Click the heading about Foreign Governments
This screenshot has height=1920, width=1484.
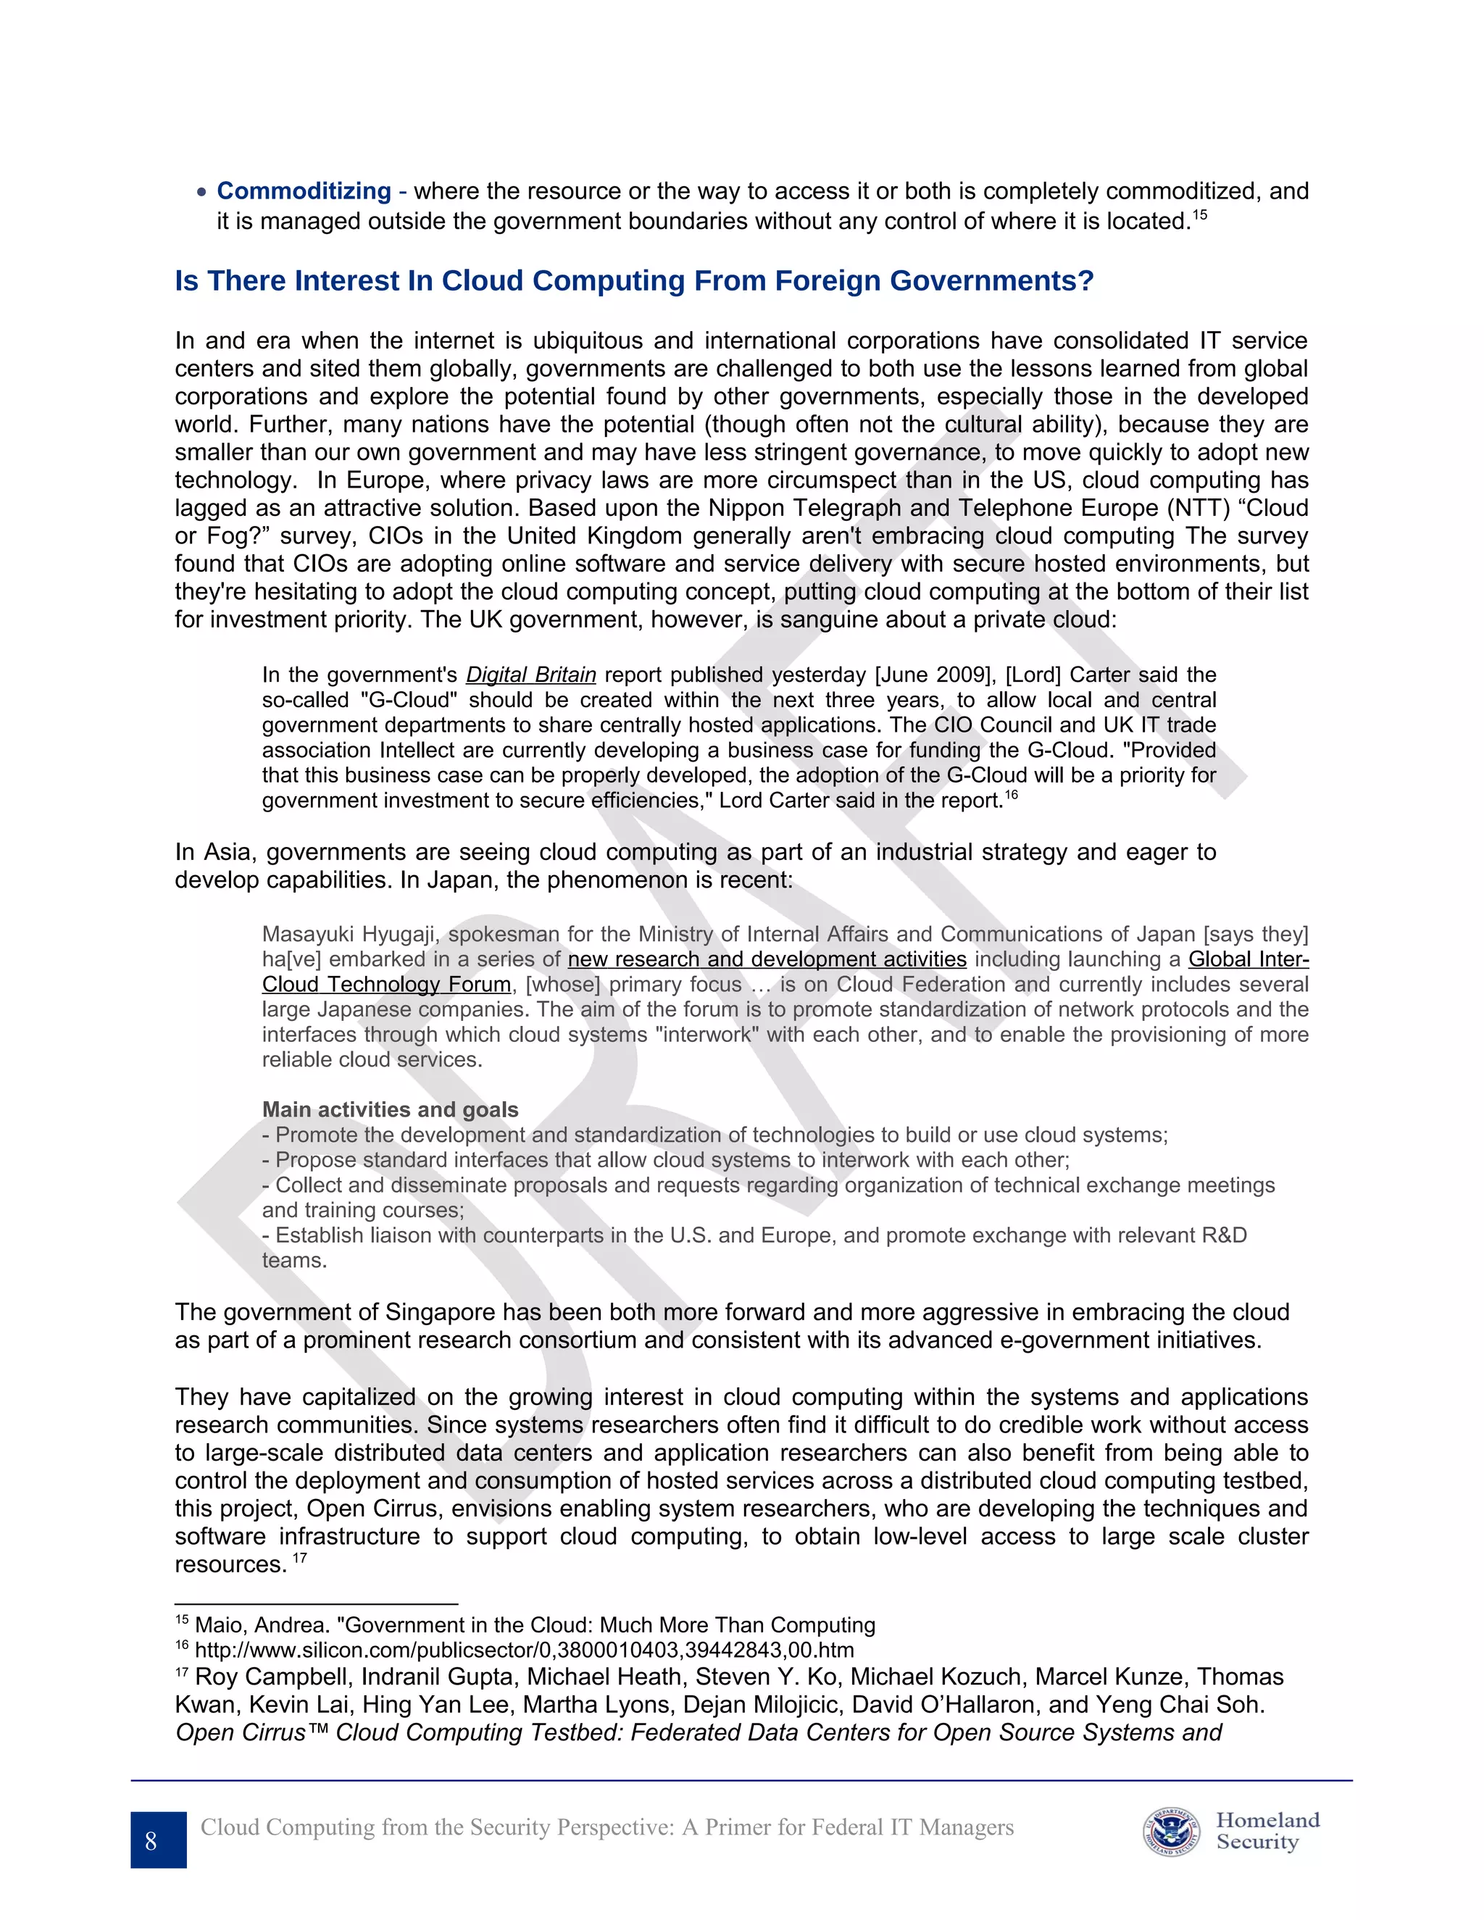pos(634,280)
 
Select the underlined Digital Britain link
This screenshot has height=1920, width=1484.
pos(530,675)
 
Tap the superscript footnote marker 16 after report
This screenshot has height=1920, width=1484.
pos(1011,795)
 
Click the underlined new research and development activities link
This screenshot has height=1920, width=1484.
pos(767,959)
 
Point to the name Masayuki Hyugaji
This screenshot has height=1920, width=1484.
pos(350,934)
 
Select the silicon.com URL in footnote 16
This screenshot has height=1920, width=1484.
pos(524,1650)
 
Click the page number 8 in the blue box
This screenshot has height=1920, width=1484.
pos(151,1841)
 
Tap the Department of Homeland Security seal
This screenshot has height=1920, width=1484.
pos(1171,1832)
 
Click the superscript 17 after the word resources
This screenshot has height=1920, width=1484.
pos(300,1558)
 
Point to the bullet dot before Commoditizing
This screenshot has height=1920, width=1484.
pos(202,192)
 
